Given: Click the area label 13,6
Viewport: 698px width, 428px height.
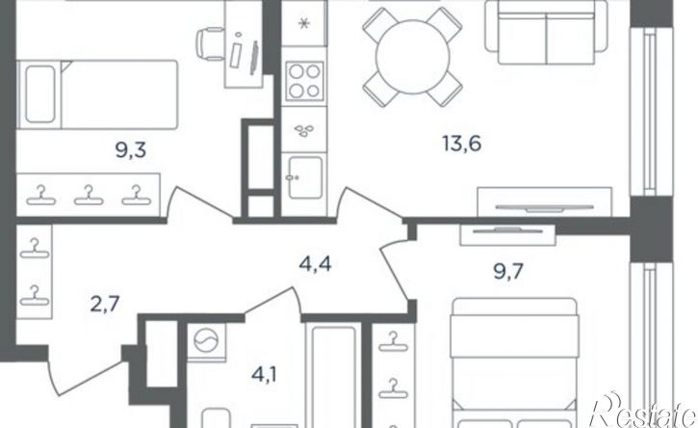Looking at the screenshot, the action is click(461, 144).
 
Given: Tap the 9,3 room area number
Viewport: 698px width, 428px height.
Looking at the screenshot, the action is click(131, 150).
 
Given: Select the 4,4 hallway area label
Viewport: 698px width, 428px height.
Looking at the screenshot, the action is click(315, 265).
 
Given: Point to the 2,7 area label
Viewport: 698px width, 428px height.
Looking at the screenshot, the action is click(105, 306).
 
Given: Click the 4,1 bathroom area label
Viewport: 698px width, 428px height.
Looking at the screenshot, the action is click(265, 375).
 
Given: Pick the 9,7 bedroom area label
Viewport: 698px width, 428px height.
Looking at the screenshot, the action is click(508, 271).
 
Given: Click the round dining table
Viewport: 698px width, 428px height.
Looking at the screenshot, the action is click(413, 57).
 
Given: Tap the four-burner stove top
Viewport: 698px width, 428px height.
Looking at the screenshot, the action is click(304, 81).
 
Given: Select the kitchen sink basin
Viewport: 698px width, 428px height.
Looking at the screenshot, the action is click(305, 177).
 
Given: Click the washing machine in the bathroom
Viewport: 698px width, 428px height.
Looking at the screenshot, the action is click(207, 342).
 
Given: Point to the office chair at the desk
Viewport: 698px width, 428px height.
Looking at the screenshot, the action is click(210, 43).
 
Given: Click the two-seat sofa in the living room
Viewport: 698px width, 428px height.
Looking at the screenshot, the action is click(546, 32).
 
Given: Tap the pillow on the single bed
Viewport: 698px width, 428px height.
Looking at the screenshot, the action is click(40, 94).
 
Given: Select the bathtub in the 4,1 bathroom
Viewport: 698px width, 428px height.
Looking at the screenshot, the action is click(333, 375).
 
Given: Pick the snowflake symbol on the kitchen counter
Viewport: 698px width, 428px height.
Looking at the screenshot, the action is click(304, 24).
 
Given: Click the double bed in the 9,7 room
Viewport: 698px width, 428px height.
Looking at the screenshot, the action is click(515, 363).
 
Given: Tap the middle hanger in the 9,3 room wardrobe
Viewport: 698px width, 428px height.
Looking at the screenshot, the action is click(89, 196).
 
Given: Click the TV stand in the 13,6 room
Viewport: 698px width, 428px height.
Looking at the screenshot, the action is click(544, 202).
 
